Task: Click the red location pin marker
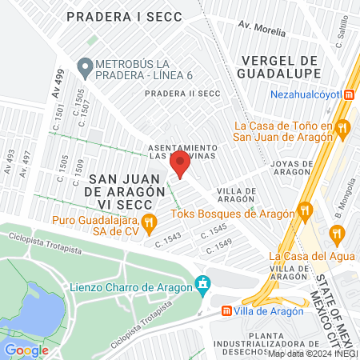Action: click(181, 163)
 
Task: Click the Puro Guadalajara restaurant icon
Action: click(149, 221)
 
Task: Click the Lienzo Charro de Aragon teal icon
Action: click(203, 284)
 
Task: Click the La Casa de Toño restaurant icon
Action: click(342, 126)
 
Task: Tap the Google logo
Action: click(27, 350)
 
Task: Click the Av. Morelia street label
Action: click(262, 30)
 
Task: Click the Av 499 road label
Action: click(58, 82)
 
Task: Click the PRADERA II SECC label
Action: click(182, 94)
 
